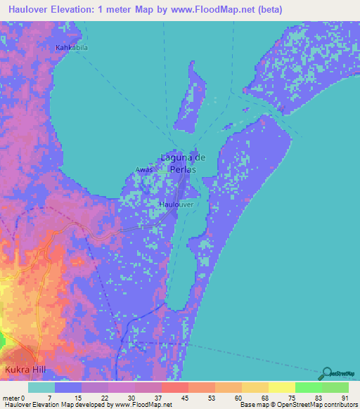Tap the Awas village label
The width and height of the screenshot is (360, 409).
tap(143, 169)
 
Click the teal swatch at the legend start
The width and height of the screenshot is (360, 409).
tap(41, 387)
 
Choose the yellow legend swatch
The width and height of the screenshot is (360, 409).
tap(281, 387)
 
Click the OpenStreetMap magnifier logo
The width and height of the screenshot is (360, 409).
tap(326, 375)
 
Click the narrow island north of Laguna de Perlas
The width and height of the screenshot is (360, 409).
tap(192, 95)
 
